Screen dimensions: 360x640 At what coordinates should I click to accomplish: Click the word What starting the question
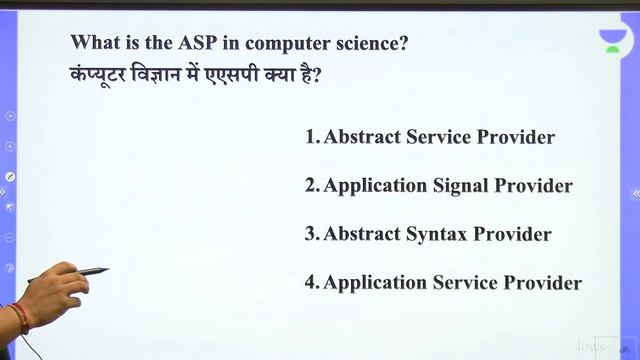pyautogui.click(x=94, y=45)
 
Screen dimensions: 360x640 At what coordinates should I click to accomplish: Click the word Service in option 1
pyautogui.click(x=440, y=137)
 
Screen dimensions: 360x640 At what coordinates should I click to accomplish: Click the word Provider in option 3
pyautogui.click(x=512, y=234)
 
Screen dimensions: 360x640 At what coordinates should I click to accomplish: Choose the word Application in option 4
pyautogui.click(x=376, y=284)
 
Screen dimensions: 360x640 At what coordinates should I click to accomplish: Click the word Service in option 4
pyautogui.click(x=468, y=283)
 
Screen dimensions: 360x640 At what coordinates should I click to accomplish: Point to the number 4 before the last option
pyautogui.click(x=310, y=283)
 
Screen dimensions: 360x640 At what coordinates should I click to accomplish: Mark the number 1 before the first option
pyautogui.click(x=310, y=137)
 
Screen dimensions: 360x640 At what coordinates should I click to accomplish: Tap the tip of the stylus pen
pyautogui.click(x=106, y=269)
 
